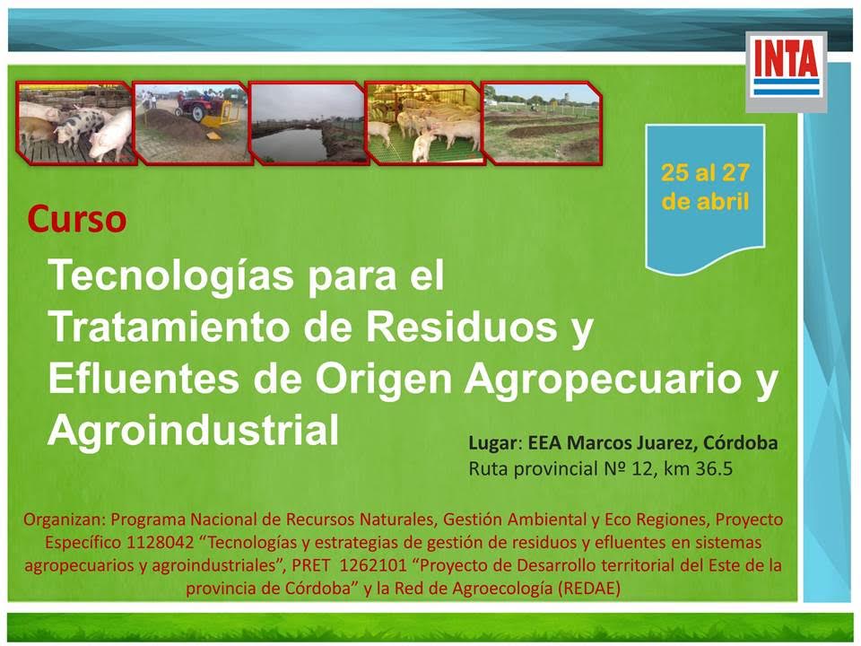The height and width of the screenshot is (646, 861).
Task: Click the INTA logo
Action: click(787, 71)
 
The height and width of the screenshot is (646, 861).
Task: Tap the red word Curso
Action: click(77, 219)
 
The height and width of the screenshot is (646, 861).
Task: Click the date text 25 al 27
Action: click(705, 172)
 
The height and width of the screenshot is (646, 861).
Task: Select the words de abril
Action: click(705, 202)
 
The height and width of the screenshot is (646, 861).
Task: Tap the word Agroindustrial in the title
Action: click(194, 430)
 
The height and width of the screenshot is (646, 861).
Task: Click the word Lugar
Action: click(492, 443)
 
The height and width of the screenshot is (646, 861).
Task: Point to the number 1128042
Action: click(161, 543)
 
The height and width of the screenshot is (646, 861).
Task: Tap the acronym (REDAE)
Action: click(588, 589)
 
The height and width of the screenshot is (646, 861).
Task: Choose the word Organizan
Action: click(65, 519)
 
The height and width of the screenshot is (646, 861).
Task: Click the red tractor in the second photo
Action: click(196, 103)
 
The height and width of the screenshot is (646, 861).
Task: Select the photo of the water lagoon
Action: click(307, 123)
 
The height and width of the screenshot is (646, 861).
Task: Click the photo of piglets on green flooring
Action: click(424, 123)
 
